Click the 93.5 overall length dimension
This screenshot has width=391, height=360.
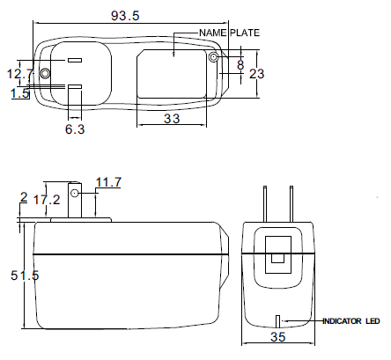tap(125, 16)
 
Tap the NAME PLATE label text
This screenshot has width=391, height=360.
tap(229, 33)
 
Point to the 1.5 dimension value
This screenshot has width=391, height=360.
tap(20, 93)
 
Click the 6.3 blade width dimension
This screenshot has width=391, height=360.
tap(75, 129)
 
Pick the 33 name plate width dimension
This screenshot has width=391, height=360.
tap(172, 119)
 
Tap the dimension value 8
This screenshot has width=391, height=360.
tap(240, 65)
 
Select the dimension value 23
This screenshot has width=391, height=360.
tap(257, 74)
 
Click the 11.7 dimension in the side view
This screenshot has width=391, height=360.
tap(108, 182)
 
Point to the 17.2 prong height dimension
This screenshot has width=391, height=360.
tap(47, 200)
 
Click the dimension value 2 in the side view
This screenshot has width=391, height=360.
tap(24, 197)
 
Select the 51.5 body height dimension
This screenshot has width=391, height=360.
tap(25, 276)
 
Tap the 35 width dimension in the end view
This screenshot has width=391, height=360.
tap(278, 337)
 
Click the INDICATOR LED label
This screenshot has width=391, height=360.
tap(351, 321)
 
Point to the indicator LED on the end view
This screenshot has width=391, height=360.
tap(278, 322)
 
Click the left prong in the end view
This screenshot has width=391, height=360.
tap(265, 204)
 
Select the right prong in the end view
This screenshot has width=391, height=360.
tap(291, 204)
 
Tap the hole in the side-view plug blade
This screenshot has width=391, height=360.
tap(75, 193)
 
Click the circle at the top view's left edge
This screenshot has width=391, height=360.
tap(45, 73)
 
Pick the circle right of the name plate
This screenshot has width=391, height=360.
tap(213, 57)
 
